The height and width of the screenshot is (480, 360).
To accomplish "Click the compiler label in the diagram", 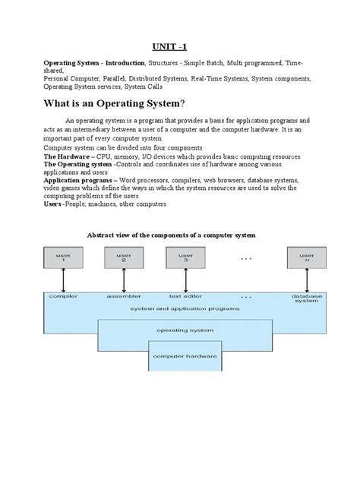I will [60, 296].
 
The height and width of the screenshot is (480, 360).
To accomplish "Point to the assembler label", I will [124, 296].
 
